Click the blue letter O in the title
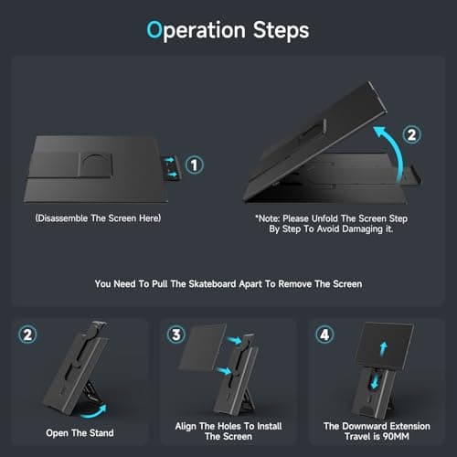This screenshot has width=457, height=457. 154,29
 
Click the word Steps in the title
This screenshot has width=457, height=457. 281,30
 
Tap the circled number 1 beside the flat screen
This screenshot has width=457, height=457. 194,165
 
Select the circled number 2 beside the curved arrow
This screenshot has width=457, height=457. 411,134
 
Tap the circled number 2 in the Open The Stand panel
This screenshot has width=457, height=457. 27,335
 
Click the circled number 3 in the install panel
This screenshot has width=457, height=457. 176,335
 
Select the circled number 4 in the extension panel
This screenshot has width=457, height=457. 324,335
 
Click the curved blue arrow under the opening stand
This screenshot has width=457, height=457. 94,412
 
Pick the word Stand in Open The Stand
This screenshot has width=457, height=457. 101,433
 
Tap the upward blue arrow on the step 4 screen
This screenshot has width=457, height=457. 383,349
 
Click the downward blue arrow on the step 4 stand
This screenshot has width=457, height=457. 376,381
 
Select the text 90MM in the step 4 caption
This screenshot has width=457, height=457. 396,436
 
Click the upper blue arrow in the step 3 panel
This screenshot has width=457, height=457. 234,341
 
